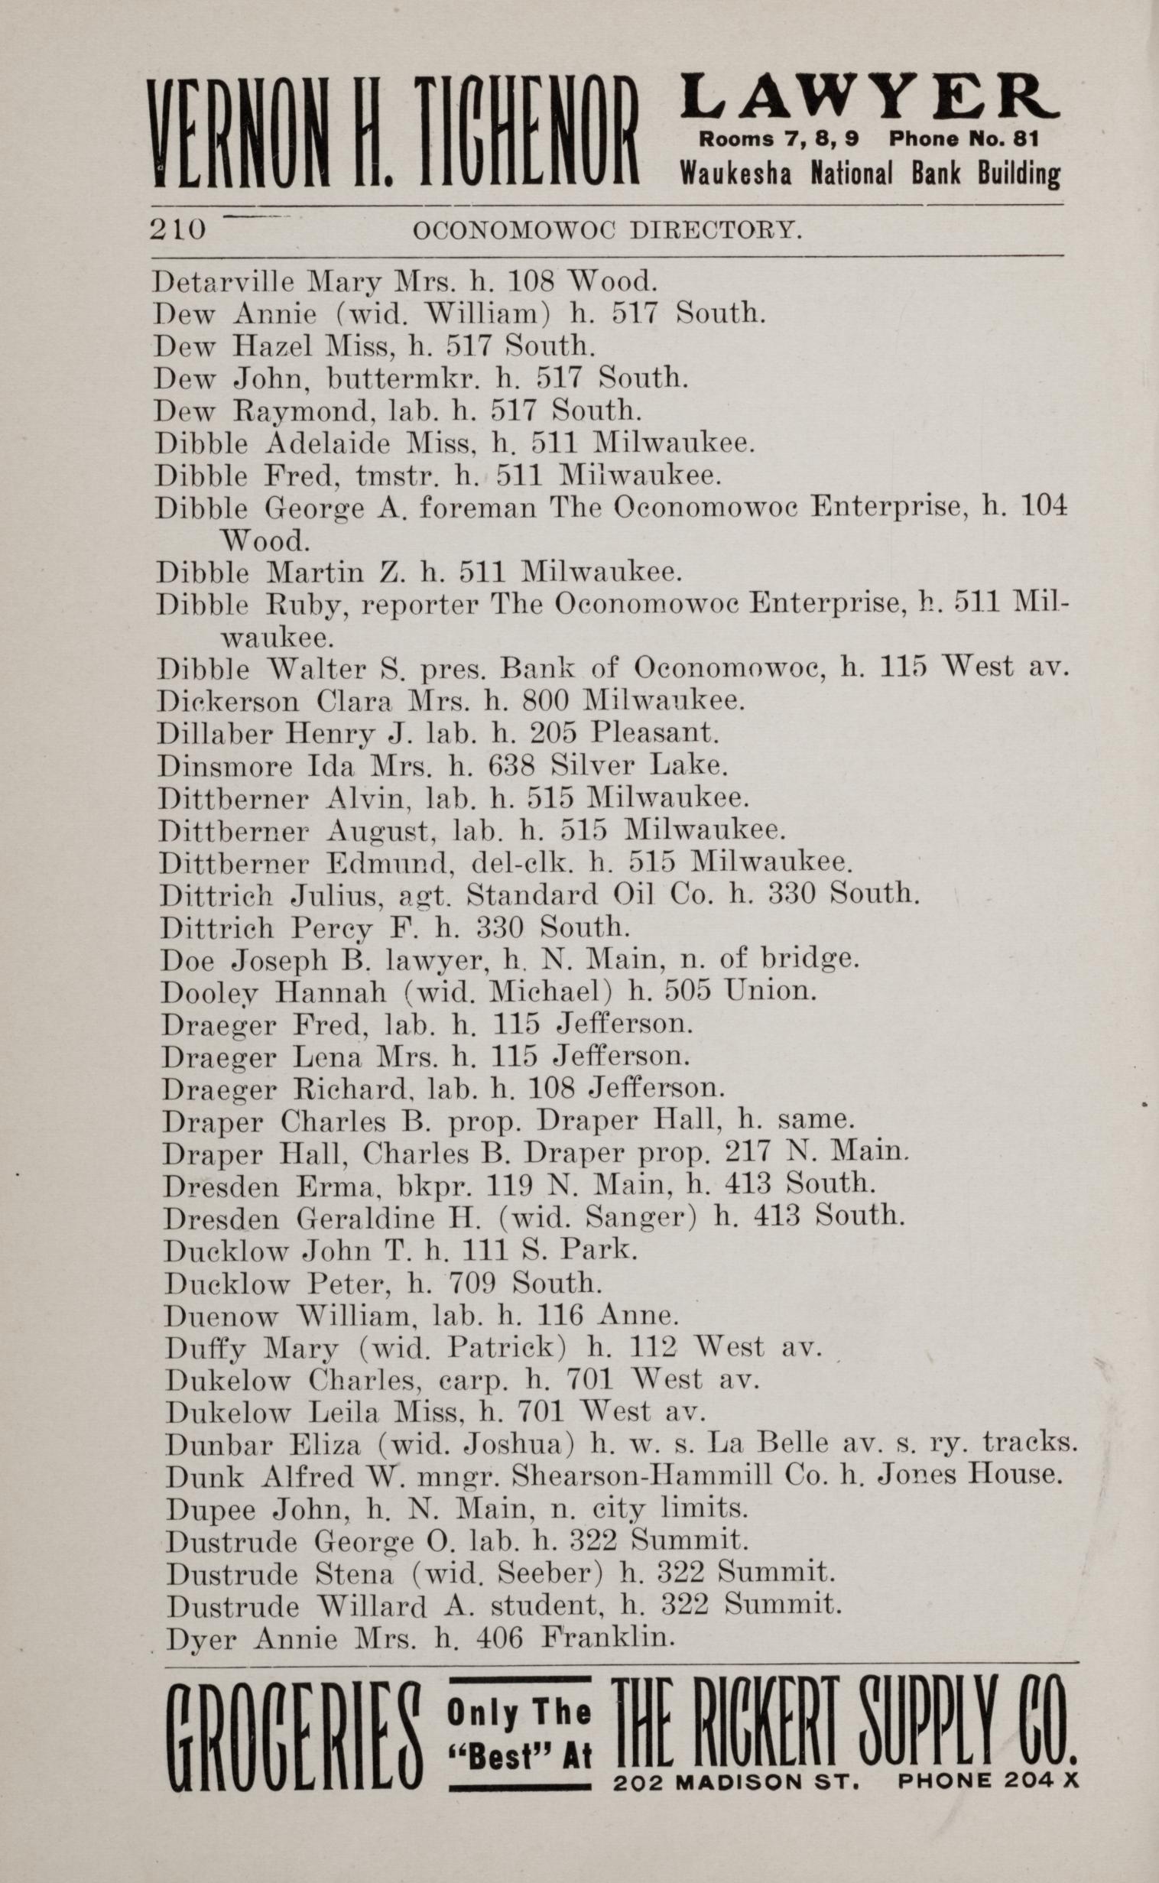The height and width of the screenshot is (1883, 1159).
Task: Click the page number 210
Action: (x=178, y=229)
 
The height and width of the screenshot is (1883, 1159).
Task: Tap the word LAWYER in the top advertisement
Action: (x=870, y=96)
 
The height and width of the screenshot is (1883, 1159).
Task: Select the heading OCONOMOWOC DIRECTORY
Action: (x=607, y=230)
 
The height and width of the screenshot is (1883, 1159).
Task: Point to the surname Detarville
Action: (x=223, y=282)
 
